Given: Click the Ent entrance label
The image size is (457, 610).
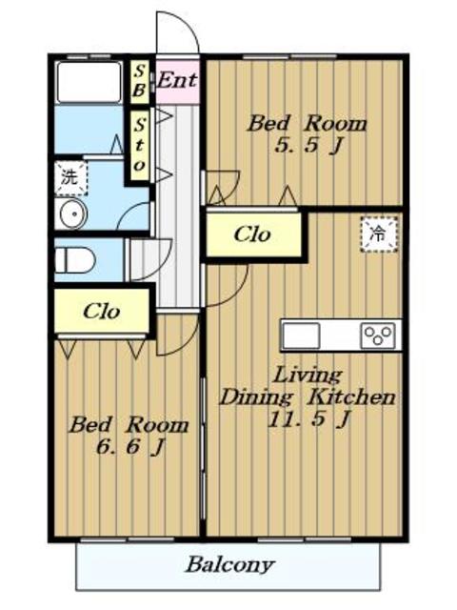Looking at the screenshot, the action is point(177,80).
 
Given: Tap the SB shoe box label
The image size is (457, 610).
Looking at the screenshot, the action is point(139,81).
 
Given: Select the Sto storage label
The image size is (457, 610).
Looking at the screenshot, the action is point(139,145).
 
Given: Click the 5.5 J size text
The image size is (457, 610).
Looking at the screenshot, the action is point(308,146).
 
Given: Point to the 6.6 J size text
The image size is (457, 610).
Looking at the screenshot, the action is point(130,446).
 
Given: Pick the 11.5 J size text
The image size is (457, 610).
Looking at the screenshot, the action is point(308,419).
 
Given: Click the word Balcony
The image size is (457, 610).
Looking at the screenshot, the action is point(230,565).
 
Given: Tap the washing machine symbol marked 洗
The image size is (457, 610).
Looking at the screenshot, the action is point(70,177).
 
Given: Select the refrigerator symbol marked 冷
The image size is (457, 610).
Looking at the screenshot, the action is point(379,234).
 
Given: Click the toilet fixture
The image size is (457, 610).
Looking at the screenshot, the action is point(75,259).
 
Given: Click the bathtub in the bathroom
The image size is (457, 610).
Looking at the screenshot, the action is point(89,82).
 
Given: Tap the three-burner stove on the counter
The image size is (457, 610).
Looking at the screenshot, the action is point(378,335).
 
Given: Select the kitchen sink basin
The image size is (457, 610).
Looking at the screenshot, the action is point(301,335).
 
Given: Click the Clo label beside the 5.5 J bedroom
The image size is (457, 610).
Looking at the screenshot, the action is point(252,234).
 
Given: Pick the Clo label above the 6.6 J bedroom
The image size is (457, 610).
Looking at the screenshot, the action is point(101,312).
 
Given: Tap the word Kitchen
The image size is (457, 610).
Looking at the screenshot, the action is point(352,397).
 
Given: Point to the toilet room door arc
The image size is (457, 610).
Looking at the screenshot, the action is point(159,269).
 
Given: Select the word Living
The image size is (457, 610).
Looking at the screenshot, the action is point(308,376).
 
